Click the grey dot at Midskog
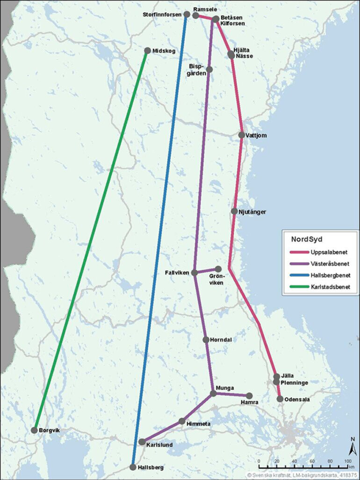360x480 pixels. pyautogui.click(x=148, y=51)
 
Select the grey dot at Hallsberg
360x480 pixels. pyautogui.click(x=133, y=467)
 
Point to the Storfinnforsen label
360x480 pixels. pyautogui.click(x=162, y=15)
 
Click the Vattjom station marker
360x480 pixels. pyautogui.click(x=241, y=135)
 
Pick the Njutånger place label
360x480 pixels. pyautogui.click(x=252, y=212)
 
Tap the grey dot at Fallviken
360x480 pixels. pyautogui.click(x=195, y=272)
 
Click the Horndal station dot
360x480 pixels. pyautogui.click(x=206, y=340)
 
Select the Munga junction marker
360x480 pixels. pyautogui.click(x=213, y=393)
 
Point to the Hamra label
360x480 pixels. pyautogui.click(x=249, y=402)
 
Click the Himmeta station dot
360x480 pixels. pyautogui.click(x=182, y=421)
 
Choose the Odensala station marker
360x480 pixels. pyautogui.click(x=280, y=399)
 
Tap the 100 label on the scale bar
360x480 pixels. pyautogui.click(x=348, y=461)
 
